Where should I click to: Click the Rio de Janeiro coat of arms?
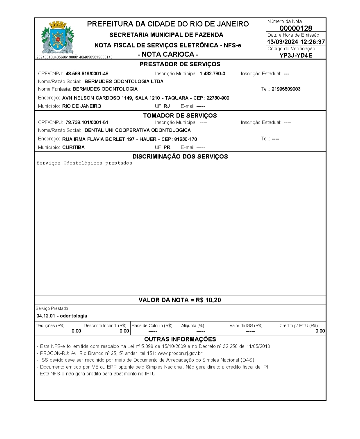(x=58, y=37)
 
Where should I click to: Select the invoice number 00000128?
(x=296, y=28)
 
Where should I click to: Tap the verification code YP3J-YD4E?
(x=296, y=55)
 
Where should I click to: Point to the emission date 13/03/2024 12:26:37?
(x=296, y=42)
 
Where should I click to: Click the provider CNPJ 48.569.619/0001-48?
(x=87, y=74)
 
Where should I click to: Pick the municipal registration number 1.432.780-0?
(x=212, y=74)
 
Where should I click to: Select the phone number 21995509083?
(x=286, y=89)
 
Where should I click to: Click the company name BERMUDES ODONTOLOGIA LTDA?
(x=124, y=81)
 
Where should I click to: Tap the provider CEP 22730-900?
(x=218, y=98)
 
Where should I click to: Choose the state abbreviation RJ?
(x=167, y=106)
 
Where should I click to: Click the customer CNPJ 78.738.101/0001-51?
(x=87, y=123)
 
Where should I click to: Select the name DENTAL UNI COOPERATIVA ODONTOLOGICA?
(x=138, y=130)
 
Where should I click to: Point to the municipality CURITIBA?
(x=73, y=148)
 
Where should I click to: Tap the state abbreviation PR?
(x=167, y=148)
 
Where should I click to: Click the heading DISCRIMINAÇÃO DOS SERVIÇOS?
(x=180, y=157)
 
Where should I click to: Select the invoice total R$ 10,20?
(x=208, y=300)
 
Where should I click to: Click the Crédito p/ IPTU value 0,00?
(x=320, y=331)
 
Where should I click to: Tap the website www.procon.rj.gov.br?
(x=180, y=353)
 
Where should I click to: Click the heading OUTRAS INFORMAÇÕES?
(x=180, y=339)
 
